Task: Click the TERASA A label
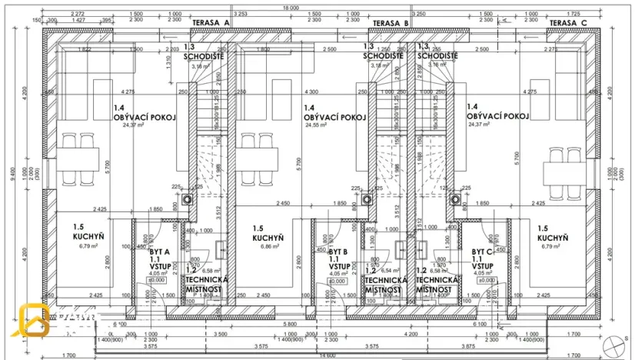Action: [211, 23]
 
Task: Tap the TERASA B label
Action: [391, 23]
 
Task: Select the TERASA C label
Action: [569, 23]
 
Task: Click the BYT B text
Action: [339, 252]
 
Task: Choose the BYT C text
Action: [483, 252]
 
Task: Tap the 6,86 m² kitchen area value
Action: [269, 247]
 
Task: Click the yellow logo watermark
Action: [35, 321]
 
